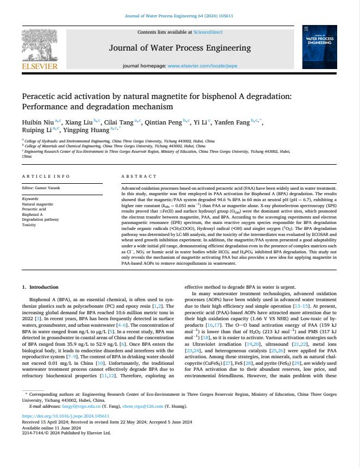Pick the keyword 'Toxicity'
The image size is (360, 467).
[x=29, y=225]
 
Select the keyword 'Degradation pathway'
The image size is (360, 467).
[x=40, y=220]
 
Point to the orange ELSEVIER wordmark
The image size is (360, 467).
[x=39, y=67]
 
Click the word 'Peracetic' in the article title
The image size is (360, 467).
[x=42, y=97]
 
